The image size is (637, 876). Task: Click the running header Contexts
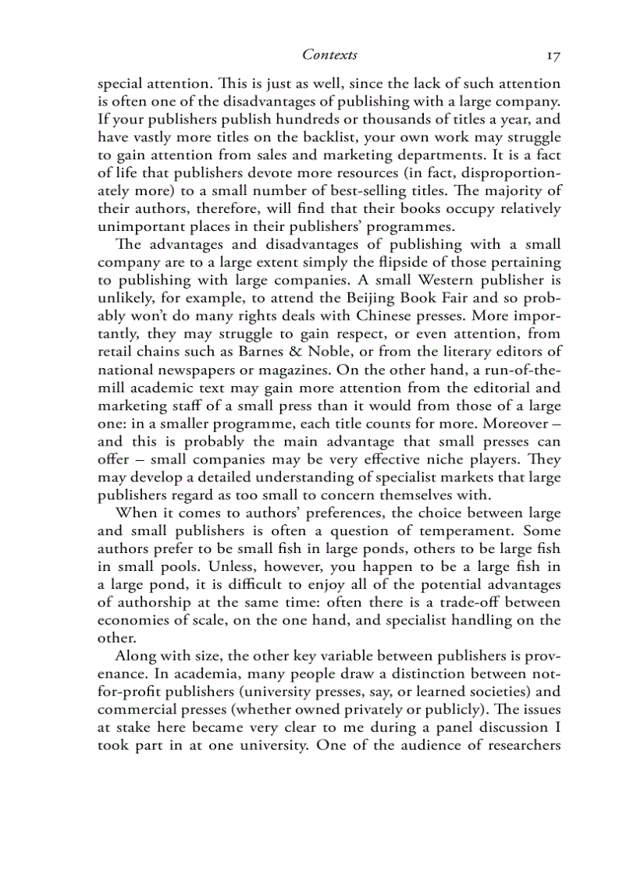click(x=329, y=55)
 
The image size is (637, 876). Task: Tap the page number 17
click(x=553, y=55)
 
